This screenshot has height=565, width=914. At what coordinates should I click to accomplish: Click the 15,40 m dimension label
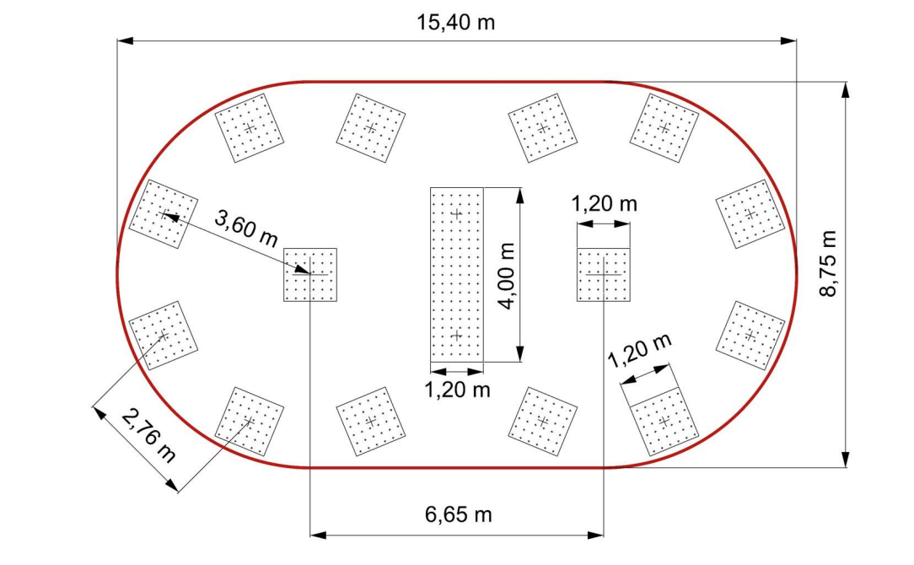pos(455,23)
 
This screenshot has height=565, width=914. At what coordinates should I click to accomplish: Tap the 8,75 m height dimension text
pos(828,264)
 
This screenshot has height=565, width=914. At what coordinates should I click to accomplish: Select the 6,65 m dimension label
pos(458,514)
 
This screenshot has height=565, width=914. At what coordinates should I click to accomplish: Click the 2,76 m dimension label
pos(148,435)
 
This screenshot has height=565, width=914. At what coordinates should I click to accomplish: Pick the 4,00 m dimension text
pos(506,276)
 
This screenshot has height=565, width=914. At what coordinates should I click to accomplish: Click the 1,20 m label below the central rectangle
pos(457,390)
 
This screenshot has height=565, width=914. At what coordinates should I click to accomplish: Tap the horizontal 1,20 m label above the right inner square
pos(604,203)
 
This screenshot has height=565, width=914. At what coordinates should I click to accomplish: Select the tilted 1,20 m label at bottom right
pos(639,350)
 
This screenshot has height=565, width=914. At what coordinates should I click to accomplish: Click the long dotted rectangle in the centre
pos(457,275)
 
